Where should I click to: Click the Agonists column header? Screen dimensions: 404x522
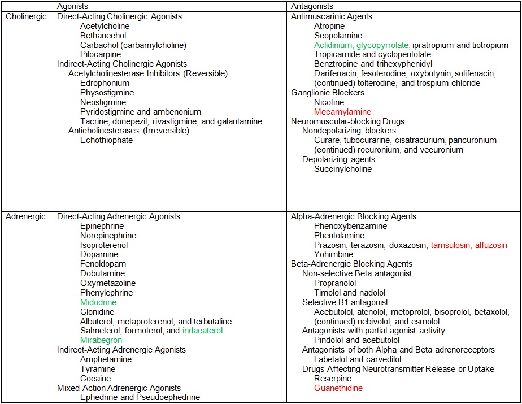(x=72, y=6)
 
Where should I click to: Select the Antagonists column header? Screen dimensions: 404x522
(x=309, y=6)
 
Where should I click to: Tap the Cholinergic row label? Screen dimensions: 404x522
(x=26, y=16)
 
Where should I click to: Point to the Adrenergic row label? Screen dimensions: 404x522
(x=26, y=216)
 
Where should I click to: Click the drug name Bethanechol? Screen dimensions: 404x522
(x=103, y=36)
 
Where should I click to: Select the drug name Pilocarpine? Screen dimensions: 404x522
(x=101, y=54)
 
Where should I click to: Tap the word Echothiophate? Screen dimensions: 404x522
(x=106, y=140)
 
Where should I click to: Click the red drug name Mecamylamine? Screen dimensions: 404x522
(x=342, y=112)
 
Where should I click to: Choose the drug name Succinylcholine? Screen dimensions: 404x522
(x=343, y=169)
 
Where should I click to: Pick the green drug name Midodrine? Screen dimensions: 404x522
(x=98, y=302)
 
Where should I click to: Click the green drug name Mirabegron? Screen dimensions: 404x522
(x=101, y=340)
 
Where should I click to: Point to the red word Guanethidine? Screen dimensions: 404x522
(x=338, y=388)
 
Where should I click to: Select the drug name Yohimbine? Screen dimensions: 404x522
(x=333, y=254)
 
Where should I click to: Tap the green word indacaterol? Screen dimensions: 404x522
(x=203, y=331)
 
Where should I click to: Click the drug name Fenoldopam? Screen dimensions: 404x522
(x=103, y=264)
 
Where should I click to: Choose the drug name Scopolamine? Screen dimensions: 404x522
(x=338, y=36)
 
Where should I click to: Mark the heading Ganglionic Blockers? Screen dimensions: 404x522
(x=328, y=93)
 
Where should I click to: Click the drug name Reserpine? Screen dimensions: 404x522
(x=333, y=379)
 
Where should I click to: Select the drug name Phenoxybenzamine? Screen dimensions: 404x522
(x=350, y=226)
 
